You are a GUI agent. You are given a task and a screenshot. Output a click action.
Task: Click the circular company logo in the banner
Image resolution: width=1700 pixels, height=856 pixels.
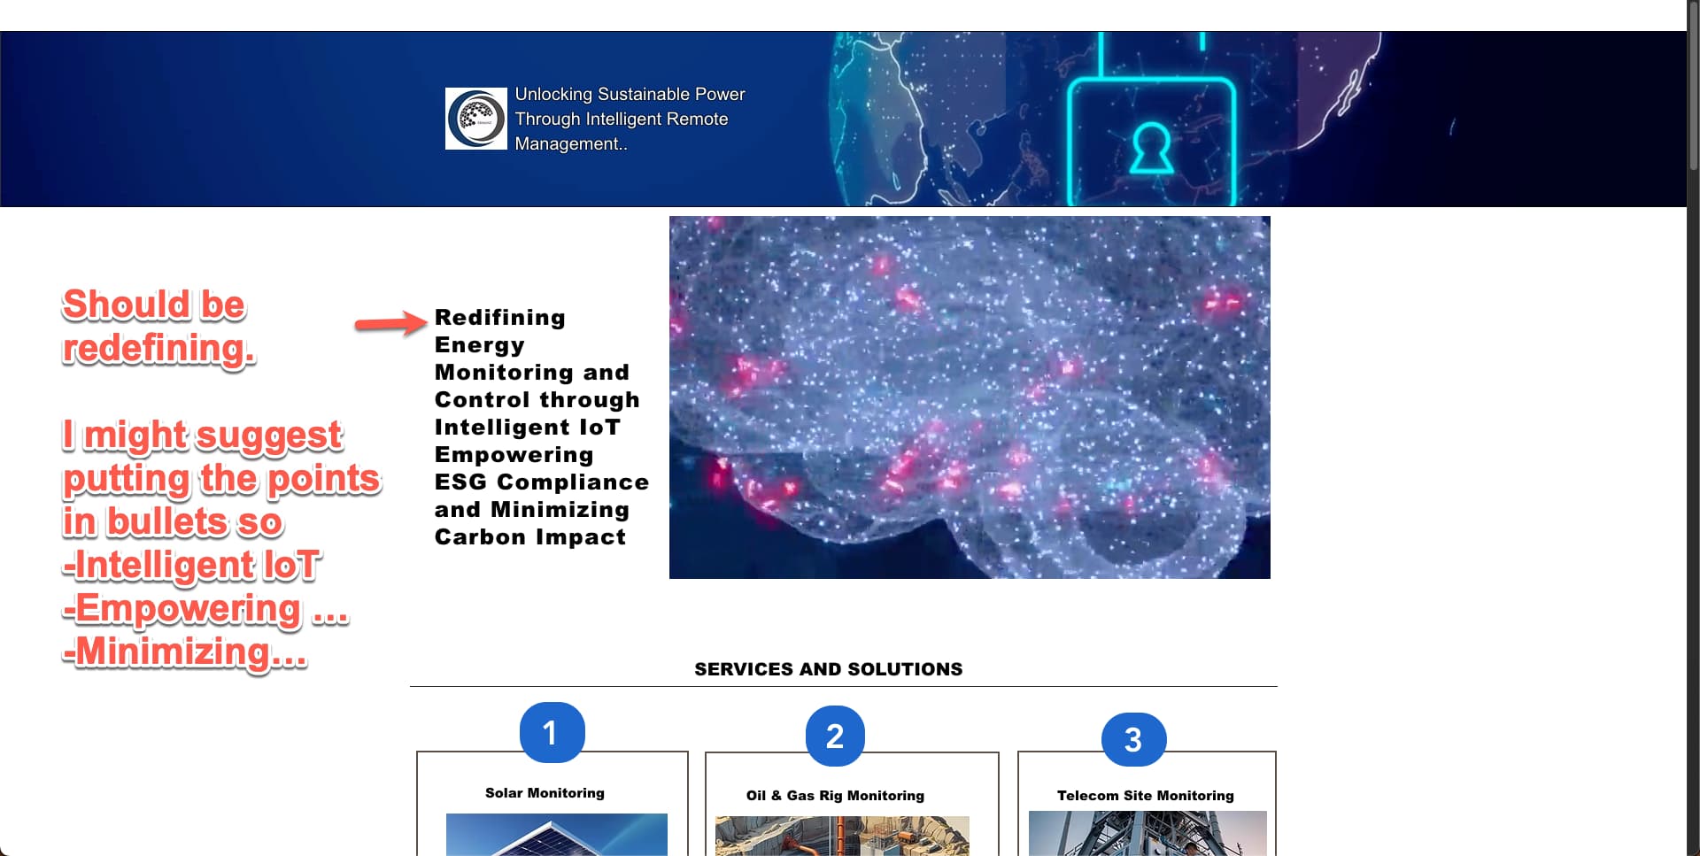pos(476,119)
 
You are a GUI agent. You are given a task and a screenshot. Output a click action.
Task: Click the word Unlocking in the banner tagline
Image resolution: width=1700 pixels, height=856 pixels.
pos(553,95)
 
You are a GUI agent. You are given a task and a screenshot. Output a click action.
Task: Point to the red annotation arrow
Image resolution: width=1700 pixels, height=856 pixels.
pos(390,323)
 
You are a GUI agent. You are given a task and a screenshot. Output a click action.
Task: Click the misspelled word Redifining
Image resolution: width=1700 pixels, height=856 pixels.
pos(500,318)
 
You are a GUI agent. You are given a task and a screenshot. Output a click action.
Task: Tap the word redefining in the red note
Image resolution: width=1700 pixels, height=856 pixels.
pos(159,348)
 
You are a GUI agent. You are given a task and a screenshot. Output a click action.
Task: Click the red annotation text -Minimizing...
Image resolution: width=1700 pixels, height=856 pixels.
pos(185,652)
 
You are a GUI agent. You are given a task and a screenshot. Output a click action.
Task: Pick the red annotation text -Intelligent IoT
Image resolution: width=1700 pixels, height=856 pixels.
pos(191,566)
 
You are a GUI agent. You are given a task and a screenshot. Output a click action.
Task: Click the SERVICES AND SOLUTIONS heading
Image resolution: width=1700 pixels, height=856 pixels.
pos(829,669)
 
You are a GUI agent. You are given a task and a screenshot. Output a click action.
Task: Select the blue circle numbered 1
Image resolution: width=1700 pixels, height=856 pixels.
pos(552,732)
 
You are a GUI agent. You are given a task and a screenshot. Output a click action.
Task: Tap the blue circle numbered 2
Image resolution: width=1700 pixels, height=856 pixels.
pos(835,736)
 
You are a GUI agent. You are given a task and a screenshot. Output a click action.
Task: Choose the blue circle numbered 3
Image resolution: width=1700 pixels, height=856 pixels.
pos(1133,739)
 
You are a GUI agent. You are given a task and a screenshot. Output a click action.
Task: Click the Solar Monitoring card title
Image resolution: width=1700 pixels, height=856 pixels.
pos(545,793)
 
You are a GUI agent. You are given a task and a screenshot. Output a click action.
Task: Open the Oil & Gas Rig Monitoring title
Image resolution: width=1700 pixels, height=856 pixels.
pos(835,796)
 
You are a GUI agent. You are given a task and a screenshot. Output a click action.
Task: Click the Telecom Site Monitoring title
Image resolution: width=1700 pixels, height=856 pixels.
pos(1146,796)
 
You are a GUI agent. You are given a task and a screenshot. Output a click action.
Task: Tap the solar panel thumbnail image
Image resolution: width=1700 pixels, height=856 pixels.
pos(557,835)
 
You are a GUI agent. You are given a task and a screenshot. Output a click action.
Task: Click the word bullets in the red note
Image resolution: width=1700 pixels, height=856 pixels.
pos(173,522)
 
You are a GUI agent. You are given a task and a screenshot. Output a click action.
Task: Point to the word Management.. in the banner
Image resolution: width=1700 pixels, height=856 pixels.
pos(571,144)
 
